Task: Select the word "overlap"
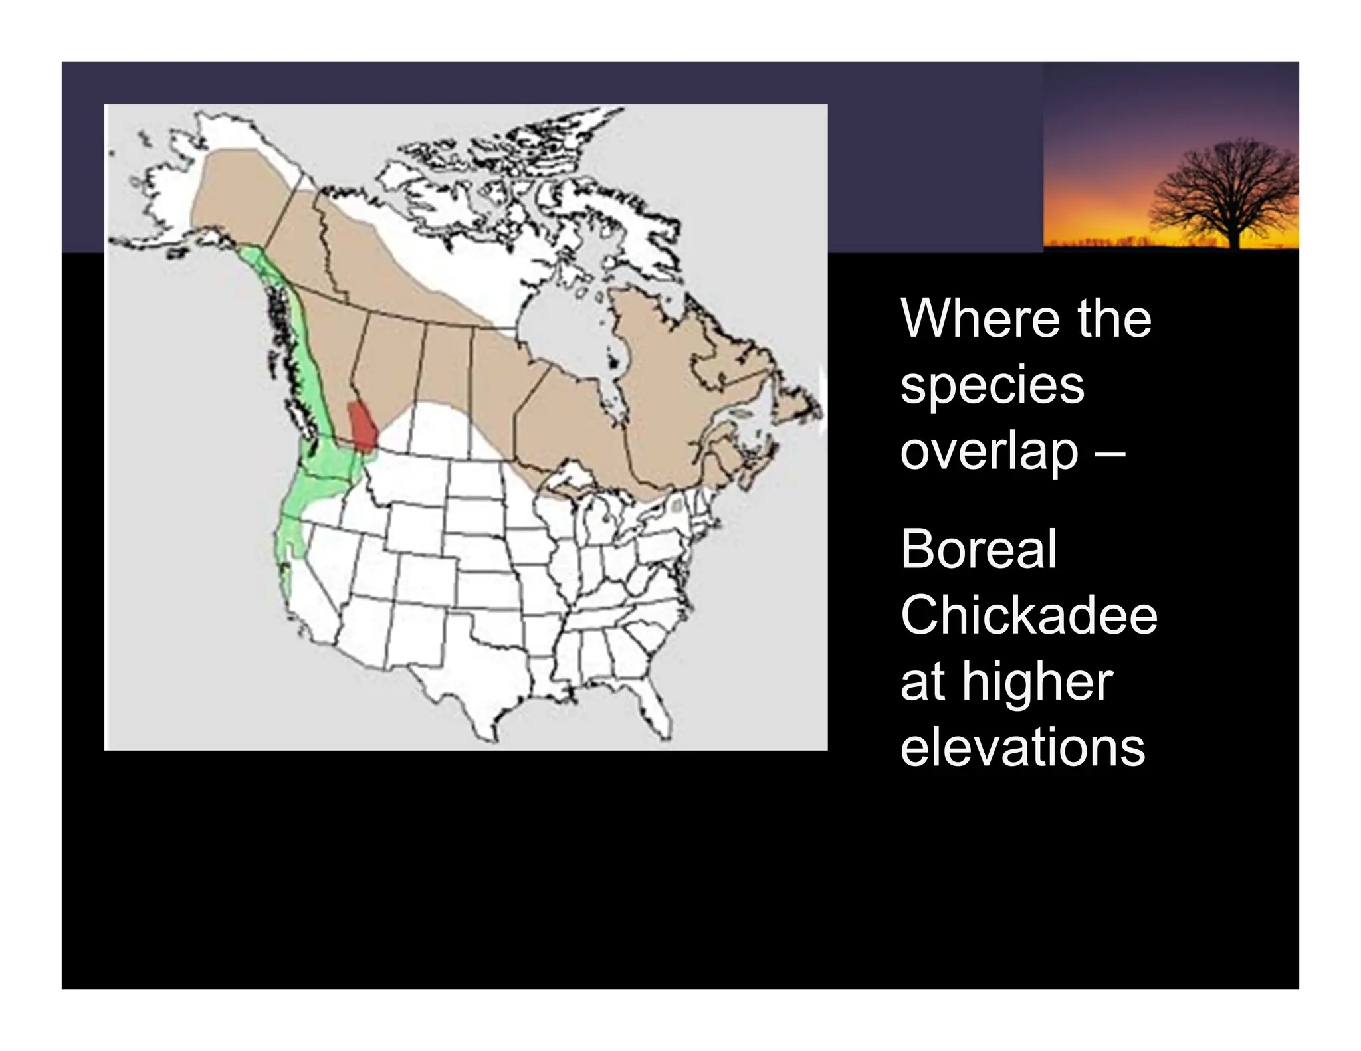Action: [x=989, y=452]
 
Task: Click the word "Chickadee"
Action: [x=1029, y=615]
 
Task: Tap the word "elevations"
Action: [x=1022, y=747]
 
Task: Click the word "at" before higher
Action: [x=922, y=684]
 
